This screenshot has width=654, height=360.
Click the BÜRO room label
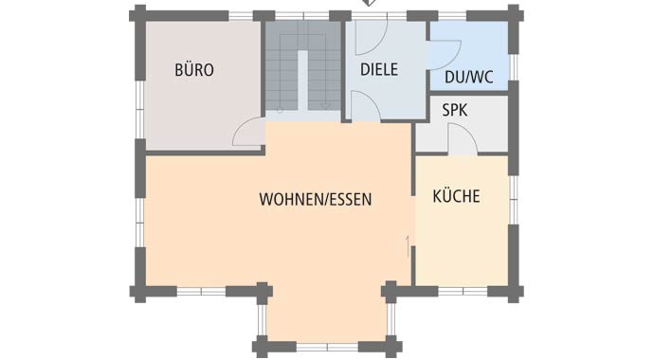tap(194, 69)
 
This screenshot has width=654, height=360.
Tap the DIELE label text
tap(379, 69)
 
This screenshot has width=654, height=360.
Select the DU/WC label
tap(469, 77)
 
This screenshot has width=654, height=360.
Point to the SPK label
tap(455, 110)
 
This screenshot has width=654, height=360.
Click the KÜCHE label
tap(456, 196)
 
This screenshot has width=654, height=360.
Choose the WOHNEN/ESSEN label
tap(316, 199)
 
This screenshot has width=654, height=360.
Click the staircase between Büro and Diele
tap(303, 66)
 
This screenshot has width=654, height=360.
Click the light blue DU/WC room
tap(469, 55)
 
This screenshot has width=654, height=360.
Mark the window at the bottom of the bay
tap(327, 347)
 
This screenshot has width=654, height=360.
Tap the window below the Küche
tap(463, 291)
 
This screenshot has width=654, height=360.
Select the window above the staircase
tap(302, 16)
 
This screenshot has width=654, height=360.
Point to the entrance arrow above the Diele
tap(369, 3)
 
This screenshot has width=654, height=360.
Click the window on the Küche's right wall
tap(514, 200)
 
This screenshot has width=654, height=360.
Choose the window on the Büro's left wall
tap(139, 110)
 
